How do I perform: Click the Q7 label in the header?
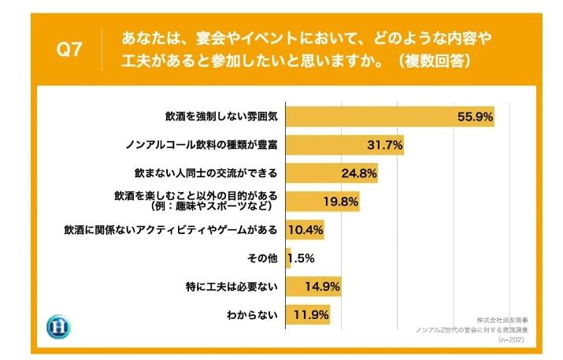[71, 50]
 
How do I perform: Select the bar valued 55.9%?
[389, 117]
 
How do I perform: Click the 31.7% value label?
[385, 145]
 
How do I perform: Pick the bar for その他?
[287, 258]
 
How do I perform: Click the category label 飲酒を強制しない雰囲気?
[222, 117]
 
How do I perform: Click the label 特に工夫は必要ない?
[235, 286]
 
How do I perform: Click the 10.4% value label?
[306, 230]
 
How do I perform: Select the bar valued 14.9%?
[313, 286]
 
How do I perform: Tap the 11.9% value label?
[311, 315]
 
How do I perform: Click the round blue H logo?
[58, 327]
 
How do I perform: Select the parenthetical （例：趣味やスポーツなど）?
[210, 207]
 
